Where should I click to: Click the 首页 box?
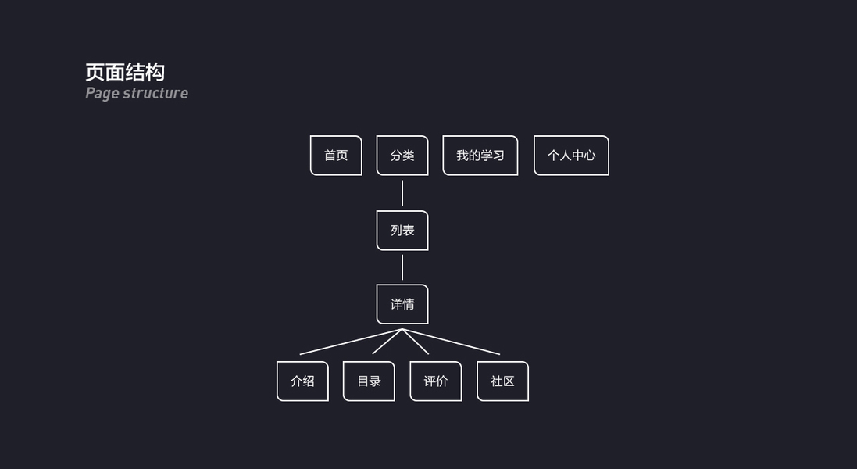point(336,156)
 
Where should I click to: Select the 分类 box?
point(402,156)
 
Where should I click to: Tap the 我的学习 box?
point(480,156)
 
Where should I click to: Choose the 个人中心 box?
point(571,156)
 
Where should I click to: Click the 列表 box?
point(402,231)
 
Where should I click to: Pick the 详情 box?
point(402,304)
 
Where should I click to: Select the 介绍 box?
point(302,381)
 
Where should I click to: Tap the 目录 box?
point(369,381)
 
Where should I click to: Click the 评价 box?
point(436,381)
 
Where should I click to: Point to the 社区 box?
point(502,381)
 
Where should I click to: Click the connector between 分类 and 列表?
point(402,193)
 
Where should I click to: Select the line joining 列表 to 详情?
point(402,267)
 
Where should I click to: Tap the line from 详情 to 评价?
point(416,342)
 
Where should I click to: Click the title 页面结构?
point(125,73)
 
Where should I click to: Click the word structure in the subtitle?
point(155,94)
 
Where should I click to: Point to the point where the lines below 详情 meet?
point(402,329)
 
